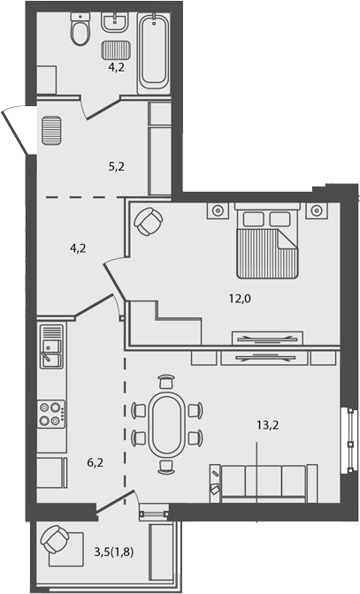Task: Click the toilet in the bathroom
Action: click(80, 32)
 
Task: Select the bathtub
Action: click(153, 51)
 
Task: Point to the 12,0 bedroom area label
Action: click(240, 299)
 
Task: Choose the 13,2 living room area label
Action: click(268, 424)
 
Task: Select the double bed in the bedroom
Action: click(268, 240)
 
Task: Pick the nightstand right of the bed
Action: click(317, 211)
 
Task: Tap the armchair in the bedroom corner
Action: click(148, 220)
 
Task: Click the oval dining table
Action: click(165, 423)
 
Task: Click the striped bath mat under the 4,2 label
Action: click(114, 50)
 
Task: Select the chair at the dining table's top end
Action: click(165, 383)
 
